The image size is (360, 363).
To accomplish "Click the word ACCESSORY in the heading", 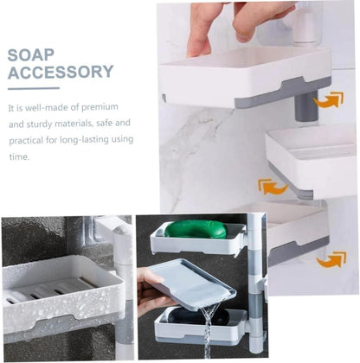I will [61, 72].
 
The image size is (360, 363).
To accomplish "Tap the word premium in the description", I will [113, 107].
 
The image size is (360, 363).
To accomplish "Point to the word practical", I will [28, 140].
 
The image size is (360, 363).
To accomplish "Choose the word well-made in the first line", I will [48, 107].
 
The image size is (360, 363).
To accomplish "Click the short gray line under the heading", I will [33, 87].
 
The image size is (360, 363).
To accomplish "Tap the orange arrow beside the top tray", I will [327, 101].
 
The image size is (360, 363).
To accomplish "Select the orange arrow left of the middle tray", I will [272, 186].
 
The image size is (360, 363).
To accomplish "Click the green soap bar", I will [196, 229].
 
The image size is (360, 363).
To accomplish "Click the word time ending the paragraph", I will [18, 156].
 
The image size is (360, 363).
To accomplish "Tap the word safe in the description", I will [112, 124].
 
